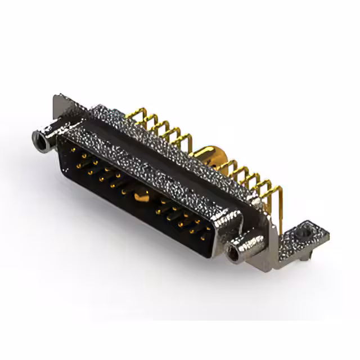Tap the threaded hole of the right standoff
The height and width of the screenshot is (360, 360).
[232, 254]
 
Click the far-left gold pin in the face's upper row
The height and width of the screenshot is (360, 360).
[73, 150]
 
